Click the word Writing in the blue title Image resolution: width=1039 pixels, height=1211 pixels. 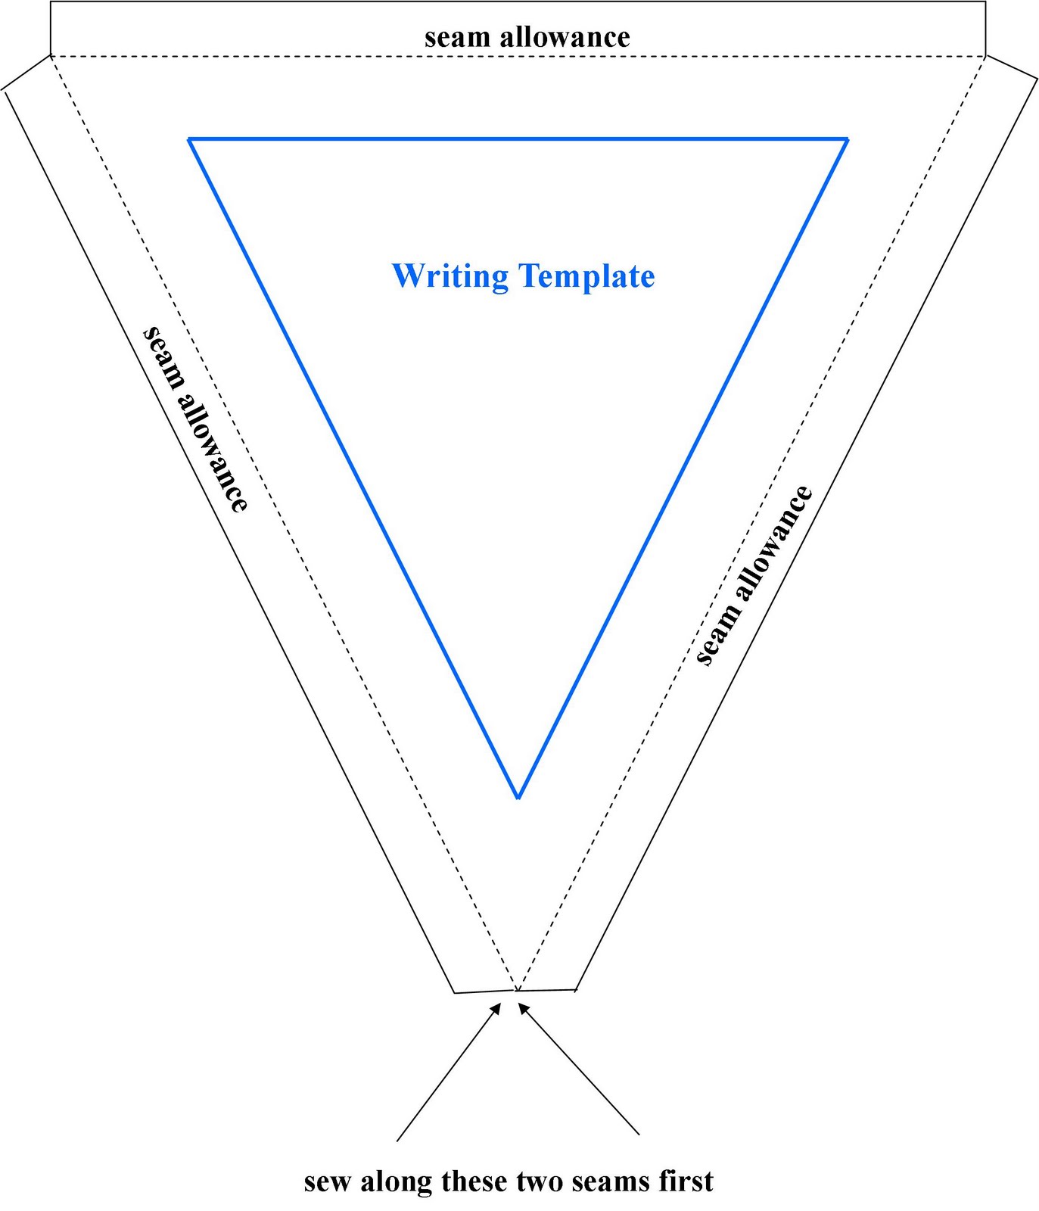click(450, 277)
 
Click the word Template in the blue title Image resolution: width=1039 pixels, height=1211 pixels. click(587, 277)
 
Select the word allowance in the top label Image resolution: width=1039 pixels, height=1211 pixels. click(565, 37)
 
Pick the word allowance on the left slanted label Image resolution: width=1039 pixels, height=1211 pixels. click(215, 453)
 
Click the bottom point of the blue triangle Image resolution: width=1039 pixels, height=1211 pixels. click(518, 798)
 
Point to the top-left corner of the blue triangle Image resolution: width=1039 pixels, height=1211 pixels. click(189, 139)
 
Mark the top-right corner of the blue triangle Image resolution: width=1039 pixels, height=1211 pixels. click(847, 139)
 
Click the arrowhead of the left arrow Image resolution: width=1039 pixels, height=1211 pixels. click(496, 1007)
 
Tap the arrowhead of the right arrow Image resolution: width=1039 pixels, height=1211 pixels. click(522, 1007)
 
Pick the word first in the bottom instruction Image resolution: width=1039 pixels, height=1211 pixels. click(684, 1181)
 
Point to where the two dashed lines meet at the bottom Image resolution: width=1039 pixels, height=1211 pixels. click(517, 989)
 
